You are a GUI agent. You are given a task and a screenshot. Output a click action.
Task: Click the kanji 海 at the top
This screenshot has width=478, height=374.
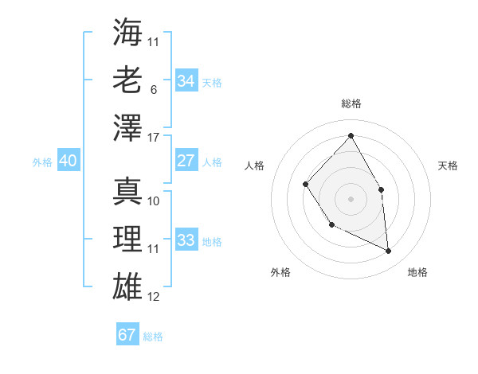(127, 32)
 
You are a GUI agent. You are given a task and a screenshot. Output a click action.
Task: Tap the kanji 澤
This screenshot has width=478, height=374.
(127, 127)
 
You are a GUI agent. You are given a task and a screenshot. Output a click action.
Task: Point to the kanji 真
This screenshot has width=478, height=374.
(127, 190)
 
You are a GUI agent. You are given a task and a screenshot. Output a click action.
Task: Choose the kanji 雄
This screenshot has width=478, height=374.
(127, 286)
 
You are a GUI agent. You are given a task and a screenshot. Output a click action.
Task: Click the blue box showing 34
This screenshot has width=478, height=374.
(186, 80)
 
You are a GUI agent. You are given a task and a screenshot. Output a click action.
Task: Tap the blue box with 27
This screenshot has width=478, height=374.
(186, 161)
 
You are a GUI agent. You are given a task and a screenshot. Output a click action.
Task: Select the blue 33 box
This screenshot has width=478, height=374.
(186, 240)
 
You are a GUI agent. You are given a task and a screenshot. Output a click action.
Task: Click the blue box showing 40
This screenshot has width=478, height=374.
(68, 161)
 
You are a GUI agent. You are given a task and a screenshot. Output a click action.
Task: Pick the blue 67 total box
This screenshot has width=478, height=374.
(127, 335)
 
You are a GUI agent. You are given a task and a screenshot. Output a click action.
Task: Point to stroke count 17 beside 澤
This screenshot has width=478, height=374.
(154, 138)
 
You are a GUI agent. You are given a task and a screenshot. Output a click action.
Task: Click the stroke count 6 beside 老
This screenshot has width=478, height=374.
(153, 90)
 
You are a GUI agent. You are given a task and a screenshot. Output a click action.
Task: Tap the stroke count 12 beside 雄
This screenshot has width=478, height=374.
(154, 297)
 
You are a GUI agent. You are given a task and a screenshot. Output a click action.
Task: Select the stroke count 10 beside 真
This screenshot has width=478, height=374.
(154, 201)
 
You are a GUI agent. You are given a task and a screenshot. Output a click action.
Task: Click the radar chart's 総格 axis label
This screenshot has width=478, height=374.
(351, 103)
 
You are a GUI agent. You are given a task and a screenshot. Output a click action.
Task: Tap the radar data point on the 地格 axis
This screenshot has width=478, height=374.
(388, 251)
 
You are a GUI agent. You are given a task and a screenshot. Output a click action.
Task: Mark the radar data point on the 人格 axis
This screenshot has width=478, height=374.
(306, 184)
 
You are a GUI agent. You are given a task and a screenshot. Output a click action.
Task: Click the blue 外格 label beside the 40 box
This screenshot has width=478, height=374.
(42, 162)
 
